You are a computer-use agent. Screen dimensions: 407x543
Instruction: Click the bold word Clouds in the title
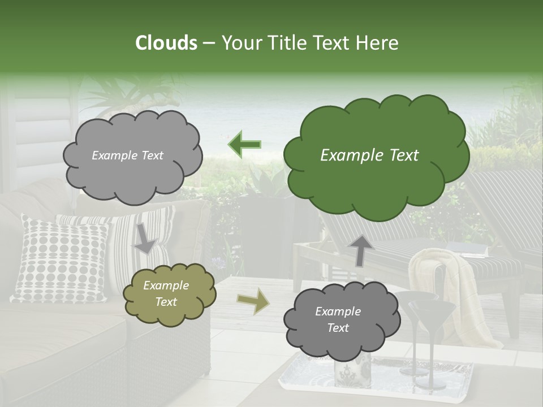click(166, 43)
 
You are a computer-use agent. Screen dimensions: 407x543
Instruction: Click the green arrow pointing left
click(244, 144)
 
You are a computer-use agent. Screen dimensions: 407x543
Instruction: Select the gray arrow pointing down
click(145, 238)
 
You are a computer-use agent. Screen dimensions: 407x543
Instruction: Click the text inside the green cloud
click(369, 155)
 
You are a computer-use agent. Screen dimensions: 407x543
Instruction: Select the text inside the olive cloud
click(166, 293)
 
